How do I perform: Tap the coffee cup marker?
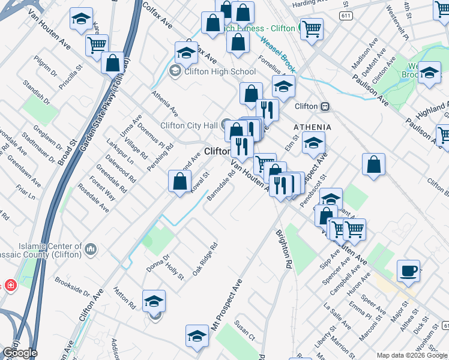[x=408, y=271]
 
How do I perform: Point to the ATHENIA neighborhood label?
[x=312, y=127]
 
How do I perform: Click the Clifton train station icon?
[x=325, y=106]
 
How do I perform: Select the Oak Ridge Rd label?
[x=205, y=259]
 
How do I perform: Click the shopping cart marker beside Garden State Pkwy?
[x=96, y=45]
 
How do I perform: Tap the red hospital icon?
[x=10, y=285]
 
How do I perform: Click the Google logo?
[x=19, y=353]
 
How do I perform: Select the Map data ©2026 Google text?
[x=411, y=355]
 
